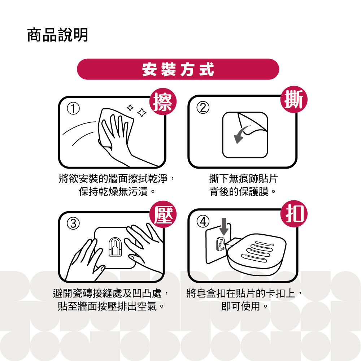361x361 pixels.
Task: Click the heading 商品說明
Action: [57, 35]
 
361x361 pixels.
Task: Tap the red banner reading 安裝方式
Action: [178, 69]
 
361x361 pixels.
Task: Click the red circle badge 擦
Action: [163, 102]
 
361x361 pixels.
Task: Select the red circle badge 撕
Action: [294, 100]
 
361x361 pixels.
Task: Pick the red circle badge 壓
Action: [163, 214]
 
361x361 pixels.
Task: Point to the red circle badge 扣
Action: [294, 214]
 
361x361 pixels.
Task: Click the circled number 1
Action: [73, 109]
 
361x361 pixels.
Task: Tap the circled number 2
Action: [203, 108]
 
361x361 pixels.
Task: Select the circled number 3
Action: [73, 223]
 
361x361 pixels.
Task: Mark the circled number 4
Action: [203, 222]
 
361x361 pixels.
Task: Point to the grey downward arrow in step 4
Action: [224, 227]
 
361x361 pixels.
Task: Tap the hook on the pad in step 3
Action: [115, 247]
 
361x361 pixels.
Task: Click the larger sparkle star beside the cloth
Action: [142, 113]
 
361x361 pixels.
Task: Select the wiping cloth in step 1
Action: [115, 128]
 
